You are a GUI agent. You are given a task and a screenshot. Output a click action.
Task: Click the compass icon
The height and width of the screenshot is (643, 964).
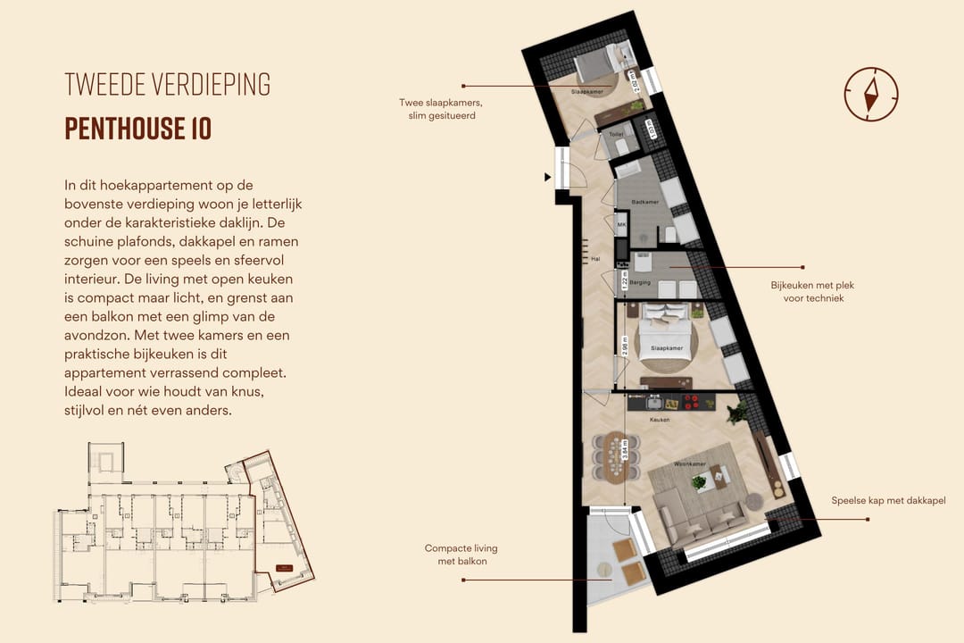click(870, 93)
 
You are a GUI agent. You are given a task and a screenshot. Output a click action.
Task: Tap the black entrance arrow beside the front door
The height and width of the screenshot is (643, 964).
click(548, 178)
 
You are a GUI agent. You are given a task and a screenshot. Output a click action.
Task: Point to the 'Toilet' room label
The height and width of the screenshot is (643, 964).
click(616, 135)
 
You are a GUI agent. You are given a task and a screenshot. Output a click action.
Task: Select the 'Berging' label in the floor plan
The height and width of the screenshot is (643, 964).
click(640, 283)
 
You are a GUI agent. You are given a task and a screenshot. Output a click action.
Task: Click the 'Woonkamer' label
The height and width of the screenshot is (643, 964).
click(690, 464)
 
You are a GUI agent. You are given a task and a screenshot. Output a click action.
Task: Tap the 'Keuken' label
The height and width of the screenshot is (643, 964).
click(661, 419)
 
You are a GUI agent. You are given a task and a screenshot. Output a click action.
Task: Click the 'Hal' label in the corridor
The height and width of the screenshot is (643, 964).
click(595, 260)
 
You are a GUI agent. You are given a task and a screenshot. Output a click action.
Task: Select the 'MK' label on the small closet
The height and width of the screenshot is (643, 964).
click(621, 223)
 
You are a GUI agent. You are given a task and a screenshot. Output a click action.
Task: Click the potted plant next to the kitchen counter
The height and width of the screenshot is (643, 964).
click(737, 412)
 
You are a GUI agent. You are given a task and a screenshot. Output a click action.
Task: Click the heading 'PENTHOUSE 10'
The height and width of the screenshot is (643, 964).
click(138, 129)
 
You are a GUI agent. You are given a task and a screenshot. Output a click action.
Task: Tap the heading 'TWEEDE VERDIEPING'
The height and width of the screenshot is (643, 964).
click(168, 84)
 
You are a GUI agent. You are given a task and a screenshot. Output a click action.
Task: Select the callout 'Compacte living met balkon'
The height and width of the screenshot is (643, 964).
click(461, 555)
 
